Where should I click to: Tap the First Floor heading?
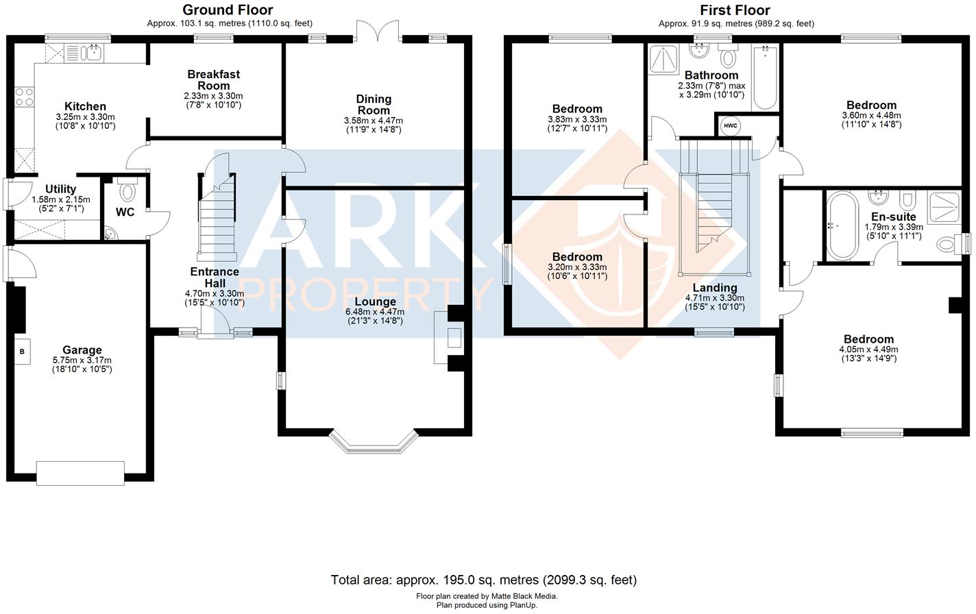pyautogui.click(x=735, y=10)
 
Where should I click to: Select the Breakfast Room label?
pyautogui.click(x=213, y=80)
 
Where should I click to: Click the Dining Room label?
pyautogui.click(x=374, y=105)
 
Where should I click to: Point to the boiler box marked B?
pyautogui.click(x=23, y=352)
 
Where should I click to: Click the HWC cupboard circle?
pyautogui.click(x=730, y=126)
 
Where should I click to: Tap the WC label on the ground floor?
pyautogui.click(x=125, y=212)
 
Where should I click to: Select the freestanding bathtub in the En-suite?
pyautogui.click(x=840, y=225)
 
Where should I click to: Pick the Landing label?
pyautogui.click(x=714, y=288)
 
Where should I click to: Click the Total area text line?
pyautogui.click(x=483, y=580)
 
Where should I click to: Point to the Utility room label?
pyautogui.click(x=61, y=189)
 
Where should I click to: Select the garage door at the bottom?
pyautogui.click(x=81, y=473)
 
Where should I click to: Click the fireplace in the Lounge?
pyautogui.click(x=450, y=339)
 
